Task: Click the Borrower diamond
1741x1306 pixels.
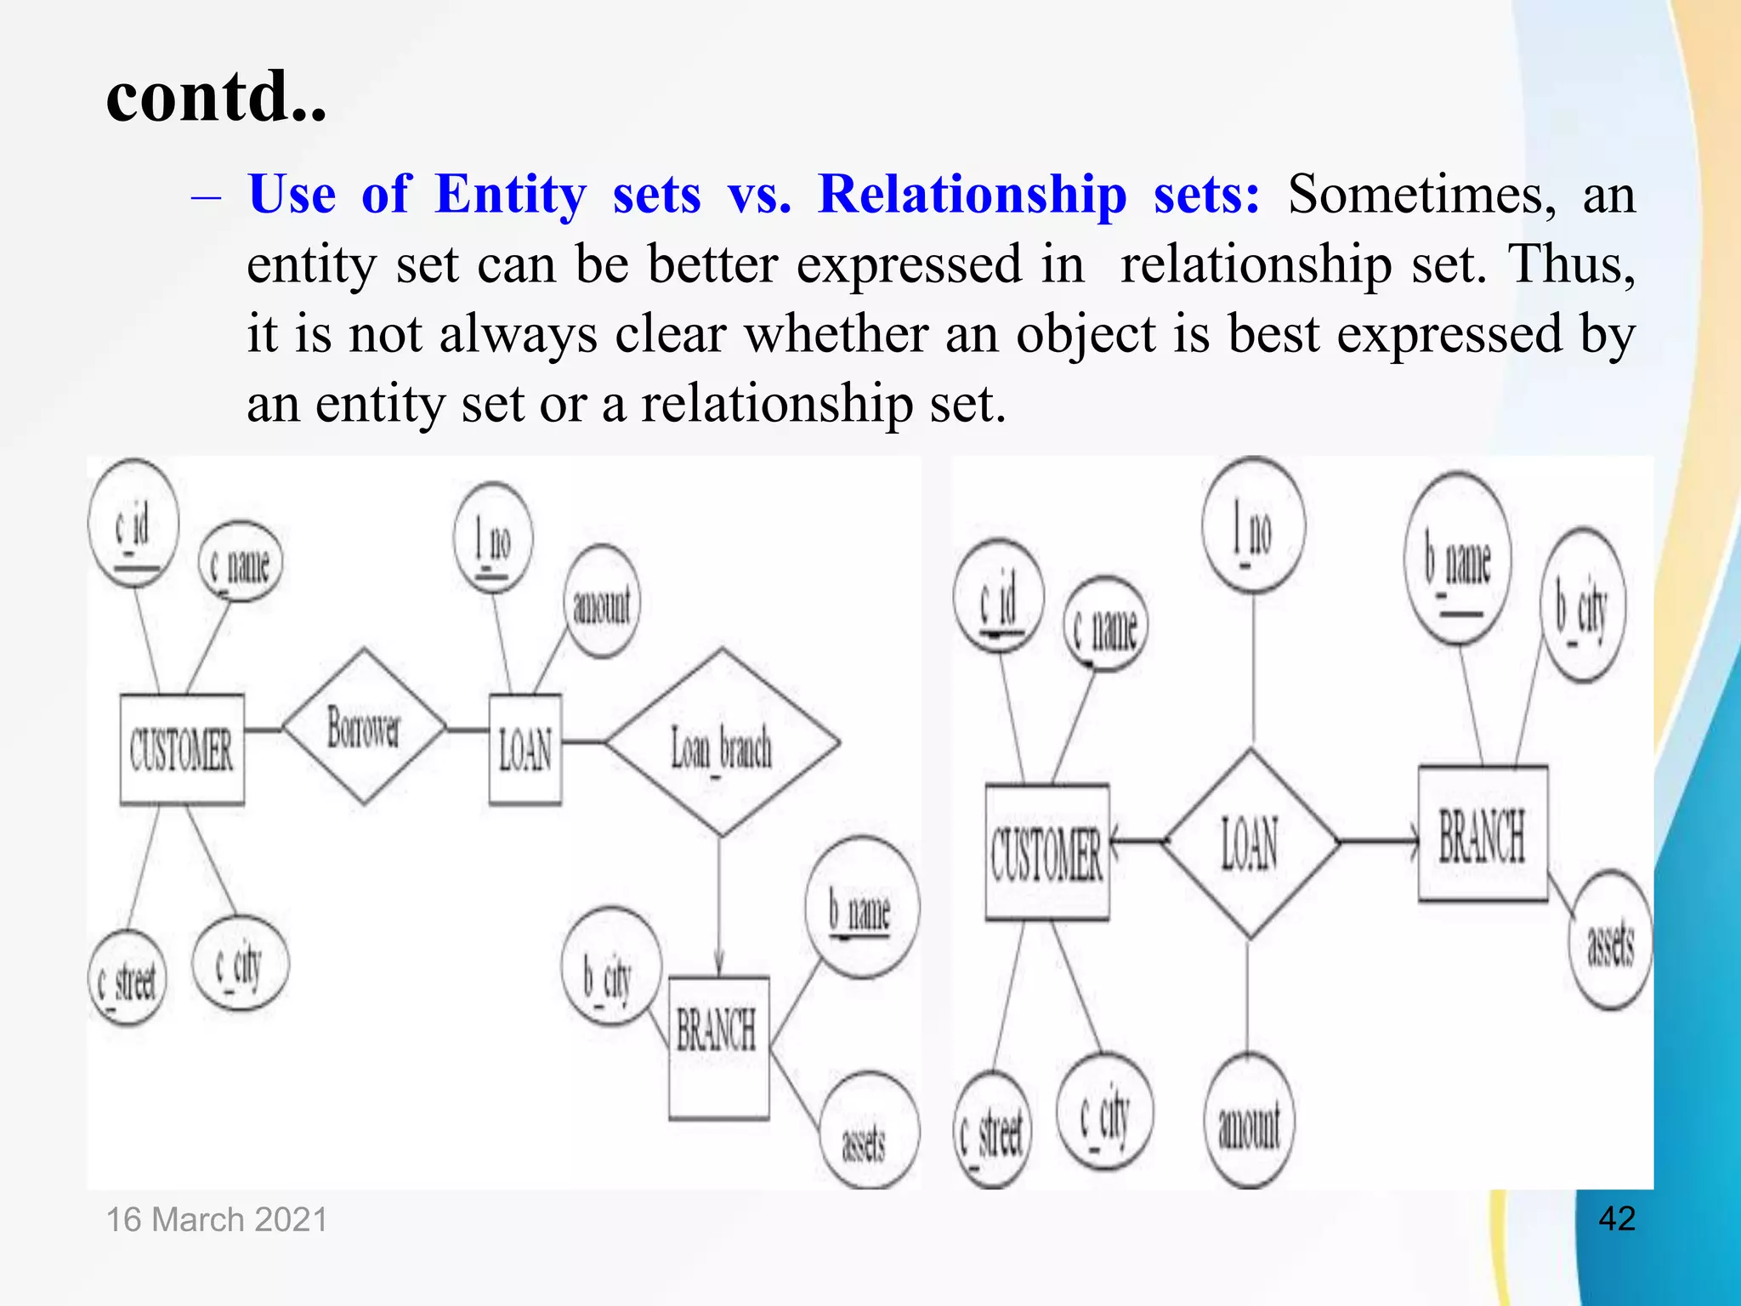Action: tap(364, 727)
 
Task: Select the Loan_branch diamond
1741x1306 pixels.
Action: tap(722, 743)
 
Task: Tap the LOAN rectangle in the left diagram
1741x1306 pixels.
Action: tap(525, 749)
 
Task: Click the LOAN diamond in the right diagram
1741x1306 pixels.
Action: tap(1249, 843)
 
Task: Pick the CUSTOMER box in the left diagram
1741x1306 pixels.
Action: tap(181, 749)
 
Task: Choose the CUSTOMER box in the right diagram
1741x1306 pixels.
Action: tap(1046, 852)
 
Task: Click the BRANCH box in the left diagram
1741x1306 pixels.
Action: tap(718, 1047)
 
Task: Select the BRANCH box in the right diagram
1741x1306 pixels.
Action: tap(1482, 834)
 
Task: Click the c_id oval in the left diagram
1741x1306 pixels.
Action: tap(133, 523)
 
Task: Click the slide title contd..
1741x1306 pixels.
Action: tap(216, 95)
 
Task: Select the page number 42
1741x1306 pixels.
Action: tap(1616, 1218)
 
